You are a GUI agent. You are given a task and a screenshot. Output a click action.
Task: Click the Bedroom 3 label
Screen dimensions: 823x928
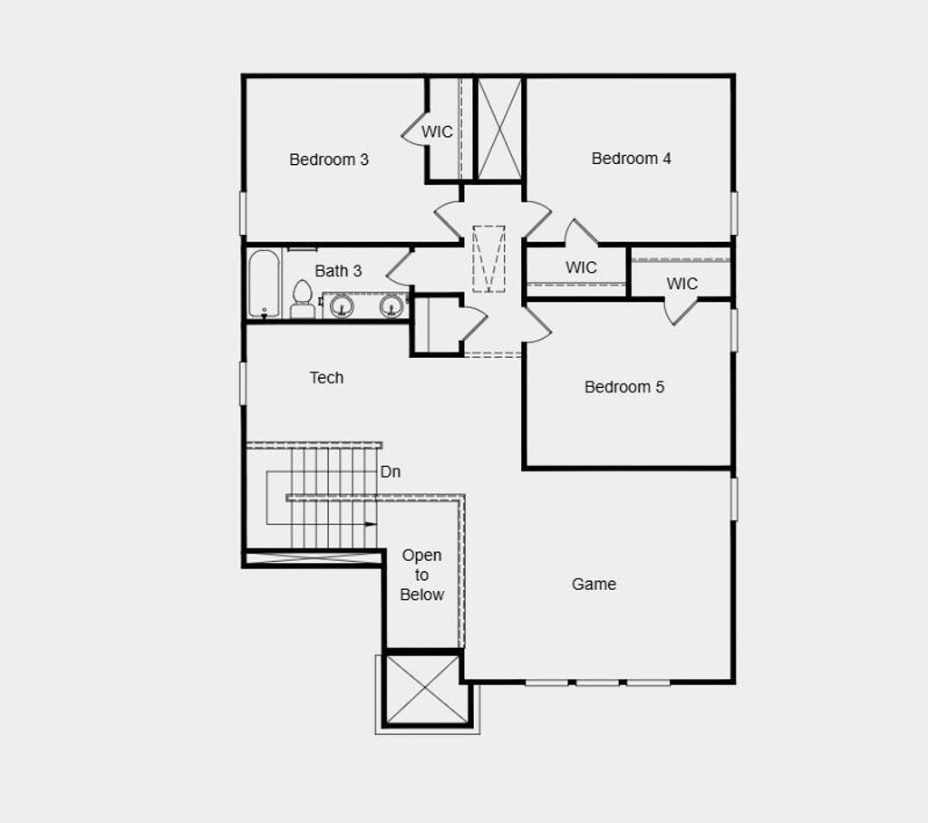point(329,160)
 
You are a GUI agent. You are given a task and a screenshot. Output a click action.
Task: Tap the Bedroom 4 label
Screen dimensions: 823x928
point(631,159)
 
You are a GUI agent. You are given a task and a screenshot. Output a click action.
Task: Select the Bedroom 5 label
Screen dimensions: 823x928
point(623,387)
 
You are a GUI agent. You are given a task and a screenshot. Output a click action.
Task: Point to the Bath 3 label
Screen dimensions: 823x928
point(338,271)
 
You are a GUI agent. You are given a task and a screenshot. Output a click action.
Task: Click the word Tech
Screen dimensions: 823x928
point(326,378)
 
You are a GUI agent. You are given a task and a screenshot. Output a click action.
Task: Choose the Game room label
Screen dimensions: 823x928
point(594,585)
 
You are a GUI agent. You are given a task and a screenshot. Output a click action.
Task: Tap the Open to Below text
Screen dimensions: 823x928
point(422,575)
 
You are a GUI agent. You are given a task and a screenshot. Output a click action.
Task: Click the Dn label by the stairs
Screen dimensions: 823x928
point(391,472)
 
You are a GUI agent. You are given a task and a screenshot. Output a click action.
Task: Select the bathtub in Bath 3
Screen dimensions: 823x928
point(264,284)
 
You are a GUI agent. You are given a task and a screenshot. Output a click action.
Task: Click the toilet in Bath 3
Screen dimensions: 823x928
point(303,299)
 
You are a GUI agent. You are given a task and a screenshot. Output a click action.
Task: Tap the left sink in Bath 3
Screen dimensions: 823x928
point(342,306)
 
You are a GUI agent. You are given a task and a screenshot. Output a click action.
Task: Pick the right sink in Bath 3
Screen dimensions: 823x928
point(391,306)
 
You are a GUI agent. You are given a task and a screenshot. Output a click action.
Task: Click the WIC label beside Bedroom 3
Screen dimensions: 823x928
point(437,132)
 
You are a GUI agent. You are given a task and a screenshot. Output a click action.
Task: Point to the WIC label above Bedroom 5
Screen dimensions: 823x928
point(682,284)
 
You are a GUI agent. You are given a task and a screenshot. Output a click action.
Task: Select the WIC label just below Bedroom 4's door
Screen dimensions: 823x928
point(581,267)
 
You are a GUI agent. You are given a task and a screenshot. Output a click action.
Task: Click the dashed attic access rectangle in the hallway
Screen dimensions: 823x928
point(488,258)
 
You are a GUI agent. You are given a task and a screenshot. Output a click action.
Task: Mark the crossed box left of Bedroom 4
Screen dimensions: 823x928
point(499,129)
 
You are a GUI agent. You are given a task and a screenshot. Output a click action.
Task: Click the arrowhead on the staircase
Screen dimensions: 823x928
point(371,524)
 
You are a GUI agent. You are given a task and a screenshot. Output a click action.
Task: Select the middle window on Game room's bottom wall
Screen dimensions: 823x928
point(598,683)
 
